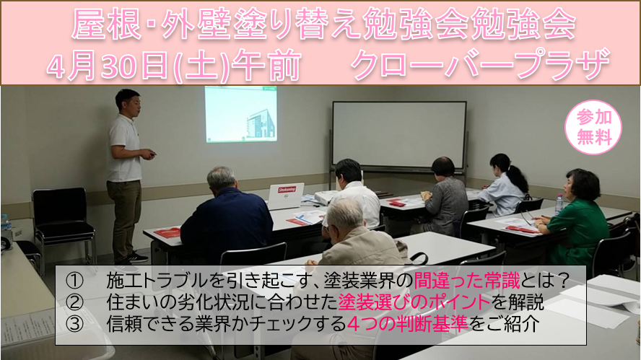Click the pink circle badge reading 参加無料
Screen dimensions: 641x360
pyautogui.click(x=593, y=127)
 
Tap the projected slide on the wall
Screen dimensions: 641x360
pyautogui.click(x=241, y=115)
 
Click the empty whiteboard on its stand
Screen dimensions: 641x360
pyautogui.click(x=399, y=135)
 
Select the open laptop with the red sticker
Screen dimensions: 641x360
pyautogui.click(x=286, y=196)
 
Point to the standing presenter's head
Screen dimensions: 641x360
pyautogui.click(x=128, y=103)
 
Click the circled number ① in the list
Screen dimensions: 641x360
pyautogui.click(x=74, y=281)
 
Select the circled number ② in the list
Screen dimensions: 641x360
pyautogui.click(x=74, y=302)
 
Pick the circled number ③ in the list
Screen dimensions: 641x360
pyautogui.click(x=74, y=324)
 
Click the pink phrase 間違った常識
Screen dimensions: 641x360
pyautogui.click(x=467, y=281)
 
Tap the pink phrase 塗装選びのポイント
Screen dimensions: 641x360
pyautogui.click(x=414, y=302)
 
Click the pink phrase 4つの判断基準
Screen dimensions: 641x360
pyautogui.click(x=407, y=324)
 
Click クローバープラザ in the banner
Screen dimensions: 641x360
pyautogui.click(x=480, y=64)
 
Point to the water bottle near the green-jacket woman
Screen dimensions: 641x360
pyautogui.click(x=559, y=204)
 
